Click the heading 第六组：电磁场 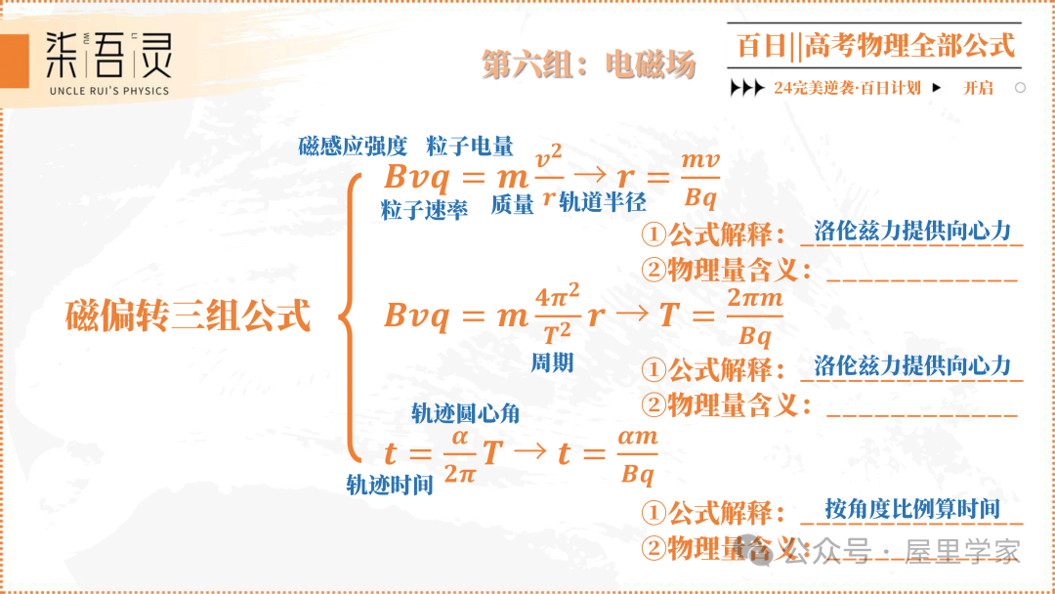588,65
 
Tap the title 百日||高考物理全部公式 875,45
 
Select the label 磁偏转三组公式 188,316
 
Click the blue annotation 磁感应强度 353,148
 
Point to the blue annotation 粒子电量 470,148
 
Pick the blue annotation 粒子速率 424,209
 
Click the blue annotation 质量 512,204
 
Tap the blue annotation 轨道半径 603,202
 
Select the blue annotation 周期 552,363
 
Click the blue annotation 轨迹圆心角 465,413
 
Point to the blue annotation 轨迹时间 390,485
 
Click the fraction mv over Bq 700,179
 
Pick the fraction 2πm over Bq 755,317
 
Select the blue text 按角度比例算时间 911,509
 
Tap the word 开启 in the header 978,88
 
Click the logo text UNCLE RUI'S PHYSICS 108,91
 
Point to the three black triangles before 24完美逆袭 747,88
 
